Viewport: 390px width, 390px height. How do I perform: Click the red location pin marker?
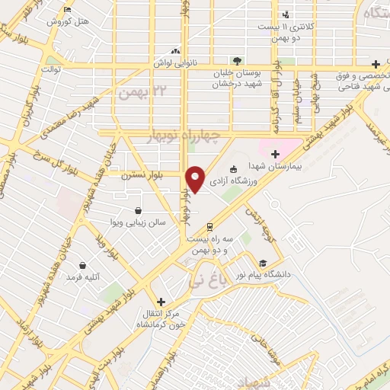coord(196,178)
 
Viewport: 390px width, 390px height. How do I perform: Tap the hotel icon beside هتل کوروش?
coord(69,10)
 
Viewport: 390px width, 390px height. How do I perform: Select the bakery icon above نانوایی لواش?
coord(177,51)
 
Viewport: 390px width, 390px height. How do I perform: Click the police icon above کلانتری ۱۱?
coord(286,14)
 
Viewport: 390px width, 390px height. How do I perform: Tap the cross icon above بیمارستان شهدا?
coord(275,154)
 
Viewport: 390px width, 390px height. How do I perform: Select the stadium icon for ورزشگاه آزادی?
coord(233,169)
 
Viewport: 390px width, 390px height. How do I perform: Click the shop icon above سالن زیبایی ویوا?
coord(137,210)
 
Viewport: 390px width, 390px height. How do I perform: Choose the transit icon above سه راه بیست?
coord(210,226)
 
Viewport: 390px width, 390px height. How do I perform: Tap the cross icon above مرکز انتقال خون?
coord(160,302)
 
